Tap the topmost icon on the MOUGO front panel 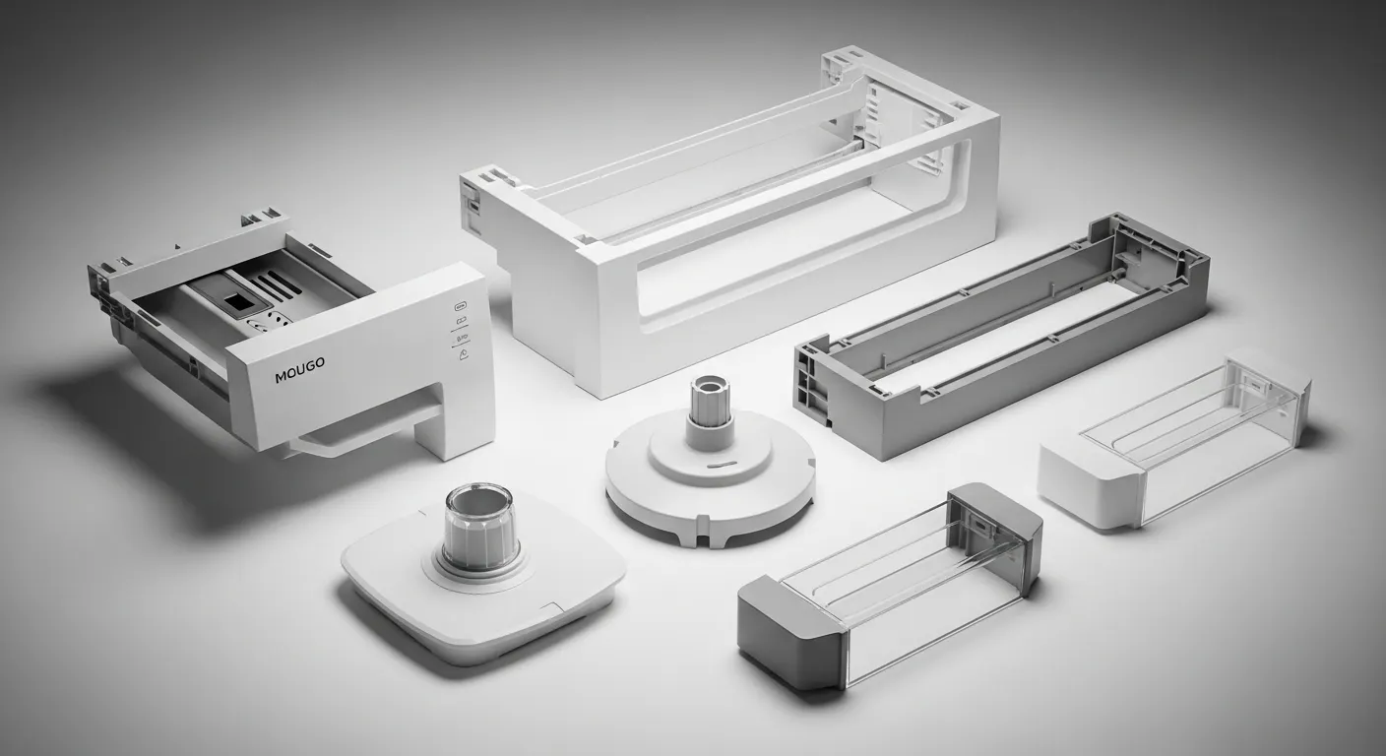pos(460,306)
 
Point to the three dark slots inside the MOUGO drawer pos(279,286)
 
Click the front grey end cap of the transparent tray pos(778,630)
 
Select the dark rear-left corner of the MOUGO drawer pos(108,285)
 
